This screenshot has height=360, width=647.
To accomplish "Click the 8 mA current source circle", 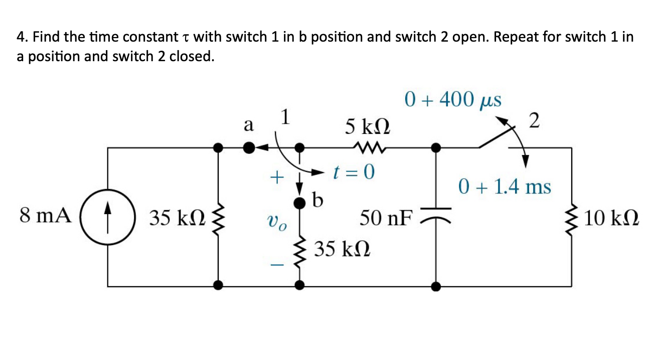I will coord(108,217).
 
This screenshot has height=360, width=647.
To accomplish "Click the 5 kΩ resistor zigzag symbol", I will coord(368,147).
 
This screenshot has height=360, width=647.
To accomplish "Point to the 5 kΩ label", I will coord(368,125).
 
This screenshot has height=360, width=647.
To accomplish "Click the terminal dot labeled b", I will coord(299,203).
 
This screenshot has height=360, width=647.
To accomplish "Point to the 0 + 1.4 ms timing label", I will coord(505,187).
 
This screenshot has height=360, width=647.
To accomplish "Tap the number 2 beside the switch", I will coord(535,121).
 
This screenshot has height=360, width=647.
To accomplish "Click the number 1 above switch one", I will coord(285,117).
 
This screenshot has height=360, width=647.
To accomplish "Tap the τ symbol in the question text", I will coord(187,37).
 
